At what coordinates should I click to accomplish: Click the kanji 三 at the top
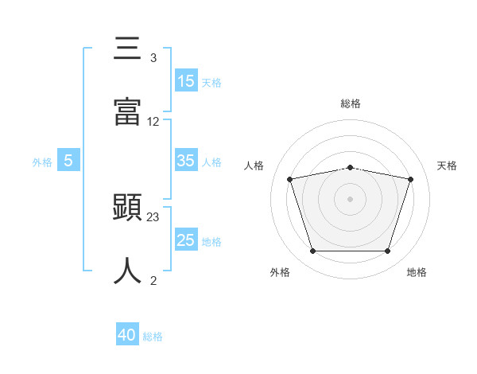[x=127, y=48]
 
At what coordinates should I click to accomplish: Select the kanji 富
[x=127, y=111]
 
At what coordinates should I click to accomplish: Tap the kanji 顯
[x=127, y=207]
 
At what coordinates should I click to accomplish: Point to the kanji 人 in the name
[x=127, y=271]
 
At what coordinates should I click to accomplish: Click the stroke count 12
[x=153, y=122]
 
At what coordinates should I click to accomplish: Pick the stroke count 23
[x=153, y=217]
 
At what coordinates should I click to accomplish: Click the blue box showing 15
[x=186, y=80]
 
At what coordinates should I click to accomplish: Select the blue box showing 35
[x=186, y=160]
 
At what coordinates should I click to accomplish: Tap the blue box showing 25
[x=186, y=239]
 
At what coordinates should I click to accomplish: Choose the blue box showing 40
[x=127, y=333]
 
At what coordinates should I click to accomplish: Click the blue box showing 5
[x=68, y=160]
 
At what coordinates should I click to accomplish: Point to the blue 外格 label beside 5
[x=42, y=162]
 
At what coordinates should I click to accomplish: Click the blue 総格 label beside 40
[x=153, y=337]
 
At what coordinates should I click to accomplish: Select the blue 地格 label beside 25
[x=211, y=242]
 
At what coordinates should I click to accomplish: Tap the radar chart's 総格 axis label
[x=351, y=103]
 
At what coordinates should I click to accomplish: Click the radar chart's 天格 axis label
[x=447, y=166]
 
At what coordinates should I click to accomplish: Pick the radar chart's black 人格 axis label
[x=254, y=166]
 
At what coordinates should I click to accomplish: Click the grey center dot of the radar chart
[x=350, y=199]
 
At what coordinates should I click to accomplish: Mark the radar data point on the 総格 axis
[x=350, y=168]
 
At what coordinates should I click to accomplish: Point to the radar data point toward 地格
[x=388, y=251]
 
